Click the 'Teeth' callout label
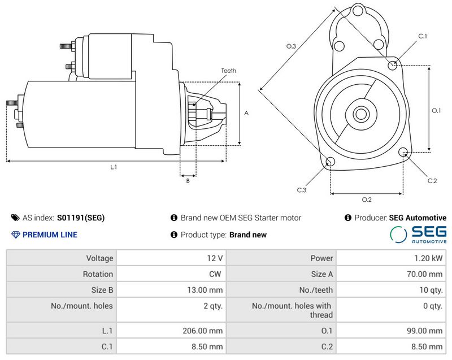[228, 71]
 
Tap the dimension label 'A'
[246, 113]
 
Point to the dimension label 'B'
[188, 181]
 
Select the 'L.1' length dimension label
[114, 167]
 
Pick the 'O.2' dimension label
[366, 199]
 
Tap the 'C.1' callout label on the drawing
[422, 36]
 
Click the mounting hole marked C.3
[331, 163]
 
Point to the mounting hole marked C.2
[403, 152]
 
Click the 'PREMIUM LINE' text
[50, 235]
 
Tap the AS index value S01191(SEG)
[81, 218]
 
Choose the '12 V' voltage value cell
[215, 258]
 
